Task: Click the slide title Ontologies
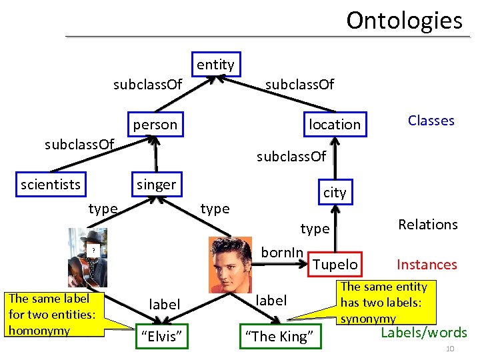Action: [404, 20]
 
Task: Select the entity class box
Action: [215, 65]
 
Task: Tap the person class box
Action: [155, 124]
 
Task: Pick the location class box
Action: [334, 124]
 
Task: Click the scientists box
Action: [50, 184]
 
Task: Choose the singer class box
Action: [156, 185]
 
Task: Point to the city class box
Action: [335, 192]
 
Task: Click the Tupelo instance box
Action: [335, 264]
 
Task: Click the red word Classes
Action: [431, 121]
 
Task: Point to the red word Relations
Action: [427, 225]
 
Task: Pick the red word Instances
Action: [427, 265]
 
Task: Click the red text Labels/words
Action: [423, 333]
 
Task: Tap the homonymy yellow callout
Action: [54, 314]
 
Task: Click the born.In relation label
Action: [282, 253]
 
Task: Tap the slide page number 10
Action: [450, 350]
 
